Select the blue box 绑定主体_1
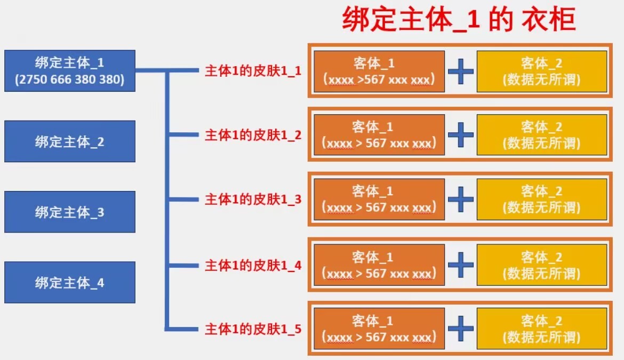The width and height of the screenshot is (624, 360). tap(70, 71)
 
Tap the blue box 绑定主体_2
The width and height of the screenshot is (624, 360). tap(70, 141)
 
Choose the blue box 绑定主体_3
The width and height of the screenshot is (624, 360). tap(70, 212)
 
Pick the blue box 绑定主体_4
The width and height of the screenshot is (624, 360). tap(70, 282)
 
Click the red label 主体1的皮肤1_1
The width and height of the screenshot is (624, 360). tap(253, 71)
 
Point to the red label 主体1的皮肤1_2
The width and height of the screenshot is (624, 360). tap(253, 135)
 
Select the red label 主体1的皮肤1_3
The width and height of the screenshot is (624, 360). tap(253, 199)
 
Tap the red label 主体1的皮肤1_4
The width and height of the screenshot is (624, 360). tap(253, 265)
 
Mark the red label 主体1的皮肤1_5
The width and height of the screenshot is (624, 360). tap(253, 329)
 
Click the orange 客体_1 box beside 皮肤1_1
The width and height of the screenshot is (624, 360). tap(379, 71)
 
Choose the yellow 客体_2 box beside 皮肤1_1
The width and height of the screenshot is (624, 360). tap(542, 71)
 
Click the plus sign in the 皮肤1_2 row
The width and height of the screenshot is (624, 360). tap(461, 135)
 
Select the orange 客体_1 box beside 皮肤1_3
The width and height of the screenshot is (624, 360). tap(379, 199)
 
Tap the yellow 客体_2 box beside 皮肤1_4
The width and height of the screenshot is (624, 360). tap(542, 265)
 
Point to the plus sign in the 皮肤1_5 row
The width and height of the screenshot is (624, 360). tap(461, 329)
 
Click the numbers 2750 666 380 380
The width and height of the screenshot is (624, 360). tap(70, 80)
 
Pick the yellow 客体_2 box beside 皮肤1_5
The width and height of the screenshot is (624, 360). tap(542, 329)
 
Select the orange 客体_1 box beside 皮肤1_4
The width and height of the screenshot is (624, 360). tap(379, 265)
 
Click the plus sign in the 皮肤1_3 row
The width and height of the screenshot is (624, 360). tap(461, 199)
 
